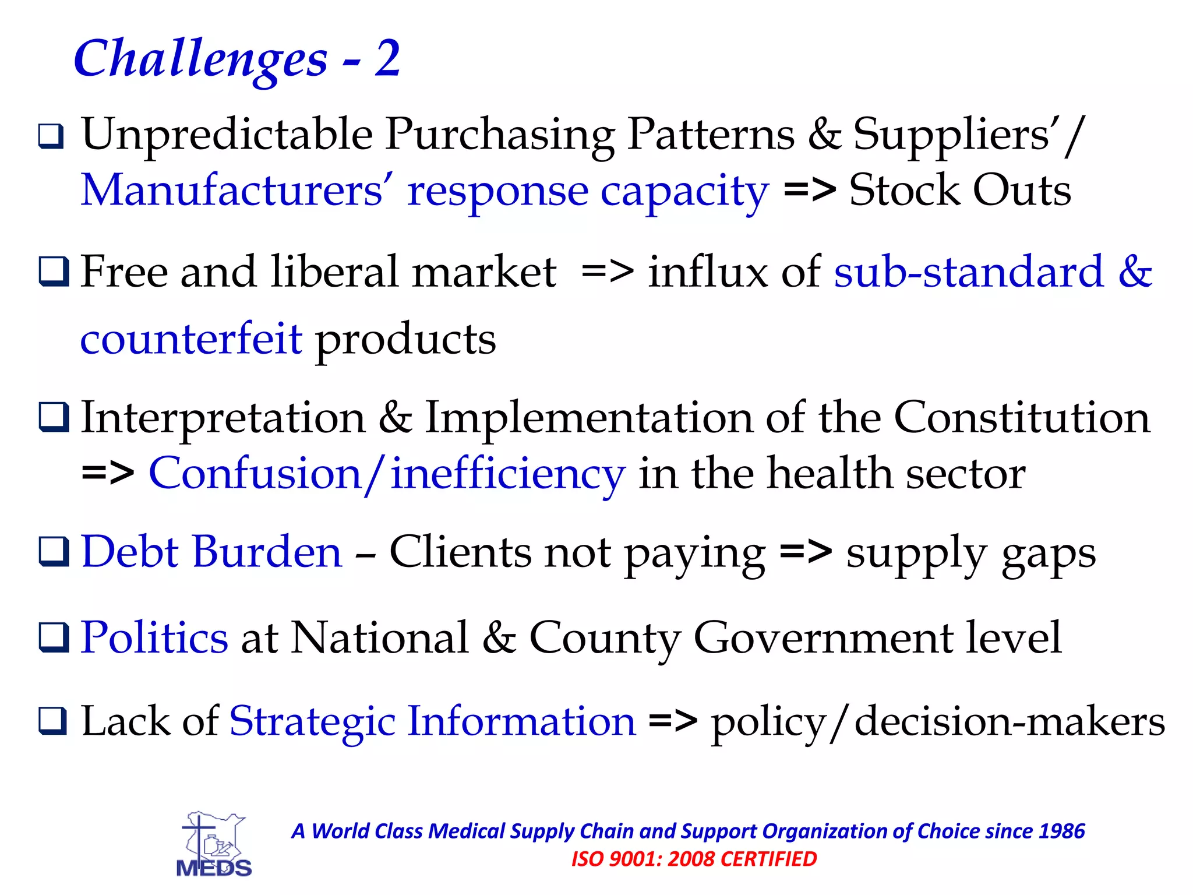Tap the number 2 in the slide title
[x=387, y=58]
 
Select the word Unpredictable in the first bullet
[x=227, y=135]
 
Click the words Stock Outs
[x=960, y=191]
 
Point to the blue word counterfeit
[x=191, y=339]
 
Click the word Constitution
[x=1022, y=418]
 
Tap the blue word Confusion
[x=255, y=474]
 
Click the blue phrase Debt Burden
[x=211, y=552]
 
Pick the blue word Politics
[x=154, y=637]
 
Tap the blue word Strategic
[x=312, y=722]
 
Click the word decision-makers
[x=1009, y=722]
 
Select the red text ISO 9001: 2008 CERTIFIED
[x=694, y=859]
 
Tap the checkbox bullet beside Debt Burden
[x=54, y=552]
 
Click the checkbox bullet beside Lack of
[x=54, y=721]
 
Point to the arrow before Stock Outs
[x=810, y=191]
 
